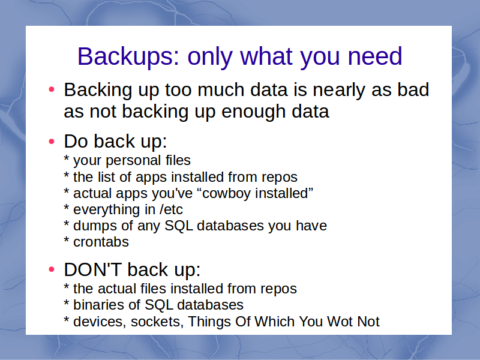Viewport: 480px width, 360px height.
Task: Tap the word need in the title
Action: [374, 56]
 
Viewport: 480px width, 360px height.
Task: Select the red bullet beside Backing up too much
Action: [52, 89]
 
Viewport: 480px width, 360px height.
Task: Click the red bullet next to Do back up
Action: [52, 142]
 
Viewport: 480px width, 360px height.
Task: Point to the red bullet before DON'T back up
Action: [52, 269]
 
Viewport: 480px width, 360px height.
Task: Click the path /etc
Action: [171, 209]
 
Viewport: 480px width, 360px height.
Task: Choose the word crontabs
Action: [101, 242]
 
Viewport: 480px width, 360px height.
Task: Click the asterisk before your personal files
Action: [67, 158]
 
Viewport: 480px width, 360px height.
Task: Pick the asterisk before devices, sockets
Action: [67, 320]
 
